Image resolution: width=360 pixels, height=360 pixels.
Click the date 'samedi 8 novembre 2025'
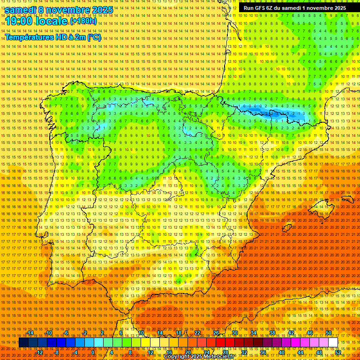point(59,10)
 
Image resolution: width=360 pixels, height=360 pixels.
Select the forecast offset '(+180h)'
point(83,21)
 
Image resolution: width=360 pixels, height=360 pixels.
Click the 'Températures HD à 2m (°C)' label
point(53,37)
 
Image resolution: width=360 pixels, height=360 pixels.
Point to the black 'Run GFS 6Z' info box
point(294,8)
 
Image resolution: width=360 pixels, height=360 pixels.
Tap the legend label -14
point(30,333)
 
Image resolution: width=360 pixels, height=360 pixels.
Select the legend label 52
point(338,352)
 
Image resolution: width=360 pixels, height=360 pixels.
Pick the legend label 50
point(329,333)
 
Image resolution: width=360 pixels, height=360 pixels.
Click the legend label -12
point(39,352)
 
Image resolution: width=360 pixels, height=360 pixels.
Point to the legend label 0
point(93,352)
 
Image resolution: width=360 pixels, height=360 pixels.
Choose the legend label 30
point(235,333)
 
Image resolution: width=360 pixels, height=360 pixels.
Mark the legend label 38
point(272,333)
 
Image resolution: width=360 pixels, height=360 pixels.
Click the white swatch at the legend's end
point(333,342)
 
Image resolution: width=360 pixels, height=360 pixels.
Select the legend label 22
point(197,333)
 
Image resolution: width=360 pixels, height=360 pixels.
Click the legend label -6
point(66,333)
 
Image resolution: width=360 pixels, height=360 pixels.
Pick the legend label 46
point(310,333)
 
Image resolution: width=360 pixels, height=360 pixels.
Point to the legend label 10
point(141,333)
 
